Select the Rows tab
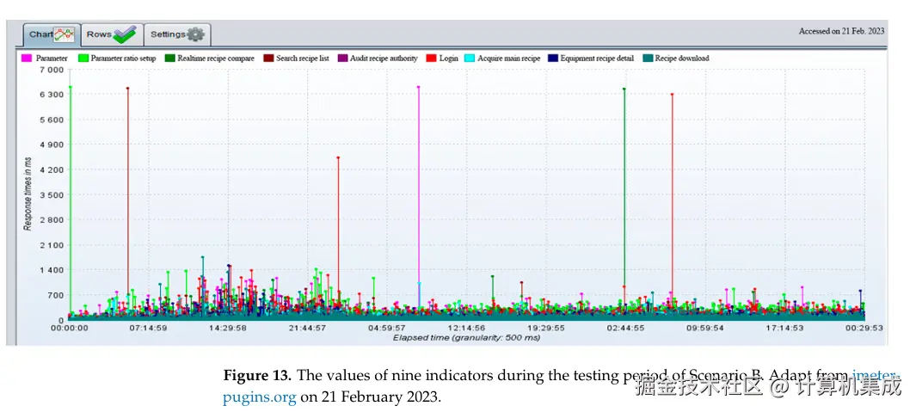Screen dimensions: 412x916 tap(112, 34)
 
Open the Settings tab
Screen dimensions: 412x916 tap(177, 34)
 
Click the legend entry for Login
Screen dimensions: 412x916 tap(448, 58)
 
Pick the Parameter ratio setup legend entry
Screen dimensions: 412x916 tap(123, 58)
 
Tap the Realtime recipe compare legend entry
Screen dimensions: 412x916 tap(216, 58)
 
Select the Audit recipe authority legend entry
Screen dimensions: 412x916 tap(384, 58)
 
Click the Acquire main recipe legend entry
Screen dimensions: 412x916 tap(508, 58)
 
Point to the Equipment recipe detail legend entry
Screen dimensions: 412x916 tap(596, 58)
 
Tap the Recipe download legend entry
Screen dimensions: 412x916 tap(681, 58)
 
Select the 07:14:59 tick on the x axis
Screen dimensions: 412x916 tap(148, 328)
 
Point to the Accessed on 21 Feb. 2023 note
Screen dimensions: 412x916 tap(841, 31)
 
